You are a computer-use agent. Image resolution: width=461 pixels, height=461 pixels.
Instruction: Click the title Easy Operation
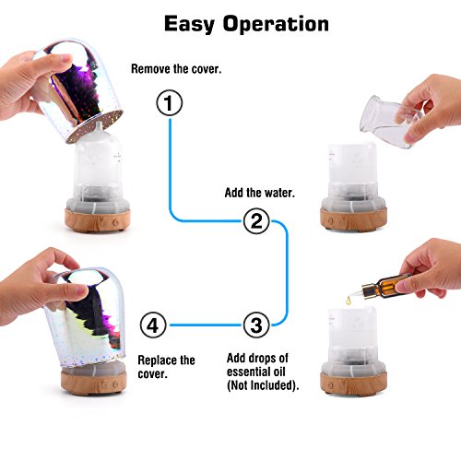(246, 25)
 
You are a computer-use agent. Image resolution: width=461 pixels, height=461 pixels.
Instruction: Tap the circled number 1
(170, 102)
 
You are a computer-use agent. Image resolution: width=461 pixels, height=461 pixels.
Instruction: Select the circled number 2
(256, 221)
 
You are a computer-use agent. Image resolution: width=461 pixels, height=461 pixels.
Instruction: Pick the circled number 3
(256, 325)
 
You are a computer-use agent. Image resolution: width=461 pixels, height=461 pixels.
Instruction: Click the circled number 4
(153, 325)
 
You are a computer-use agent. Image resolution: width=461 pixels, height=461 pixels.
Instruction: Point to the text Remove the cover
(176, 69)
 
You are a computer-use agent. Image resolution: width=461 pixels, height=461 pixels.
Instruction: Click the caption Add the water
(260, 193)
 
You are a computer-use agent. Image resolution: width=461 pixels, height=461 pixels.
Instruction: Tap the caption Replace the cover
(166, 367)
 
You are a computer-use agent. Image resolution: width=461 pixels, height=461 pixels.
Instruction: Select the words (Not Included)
(263, 385)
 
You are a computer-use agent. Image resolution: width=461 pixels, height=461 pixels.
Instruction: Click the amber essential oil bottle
(386, 285)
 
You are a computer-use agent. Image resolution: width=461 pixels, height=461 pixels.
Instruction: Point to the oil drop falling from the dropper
(349, 301)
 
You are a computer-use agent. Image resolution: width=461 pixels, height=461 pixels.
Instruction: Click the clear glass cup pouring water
(390, 121)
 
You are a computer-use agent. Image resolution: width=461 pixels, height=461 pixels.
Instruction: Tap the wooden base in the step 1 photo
(98, 220)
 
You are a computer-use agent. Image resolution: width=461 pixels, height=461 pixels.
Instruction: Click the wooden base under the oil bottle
(353, 383)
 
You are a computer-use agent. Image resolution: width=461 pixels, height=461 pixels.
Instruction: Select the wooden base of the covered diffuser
(94, 382)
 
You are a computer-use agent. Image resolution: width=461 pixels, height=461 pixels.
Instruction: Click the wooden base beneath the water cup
(353, 219)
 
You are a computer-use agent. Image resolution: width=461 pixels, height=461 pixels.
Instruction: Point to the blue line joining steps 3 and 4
(205, 325)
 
